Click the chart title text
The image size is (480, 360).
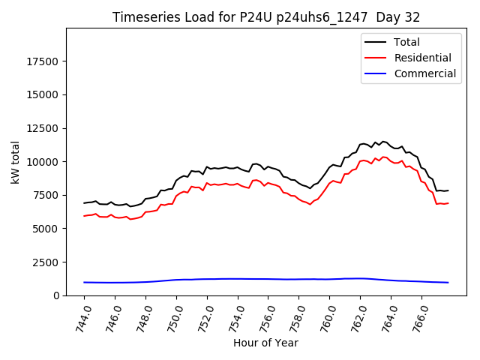tap(266, 17)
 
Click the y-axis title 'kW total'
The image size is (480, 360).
tap(16, 162)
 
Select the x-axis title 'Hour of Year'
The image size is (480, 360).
tap(265, 343)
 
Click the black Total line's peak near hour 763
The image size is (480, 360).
tap(382, 141)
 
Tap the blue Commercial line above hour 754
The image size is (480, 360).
tap(238, 279)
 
